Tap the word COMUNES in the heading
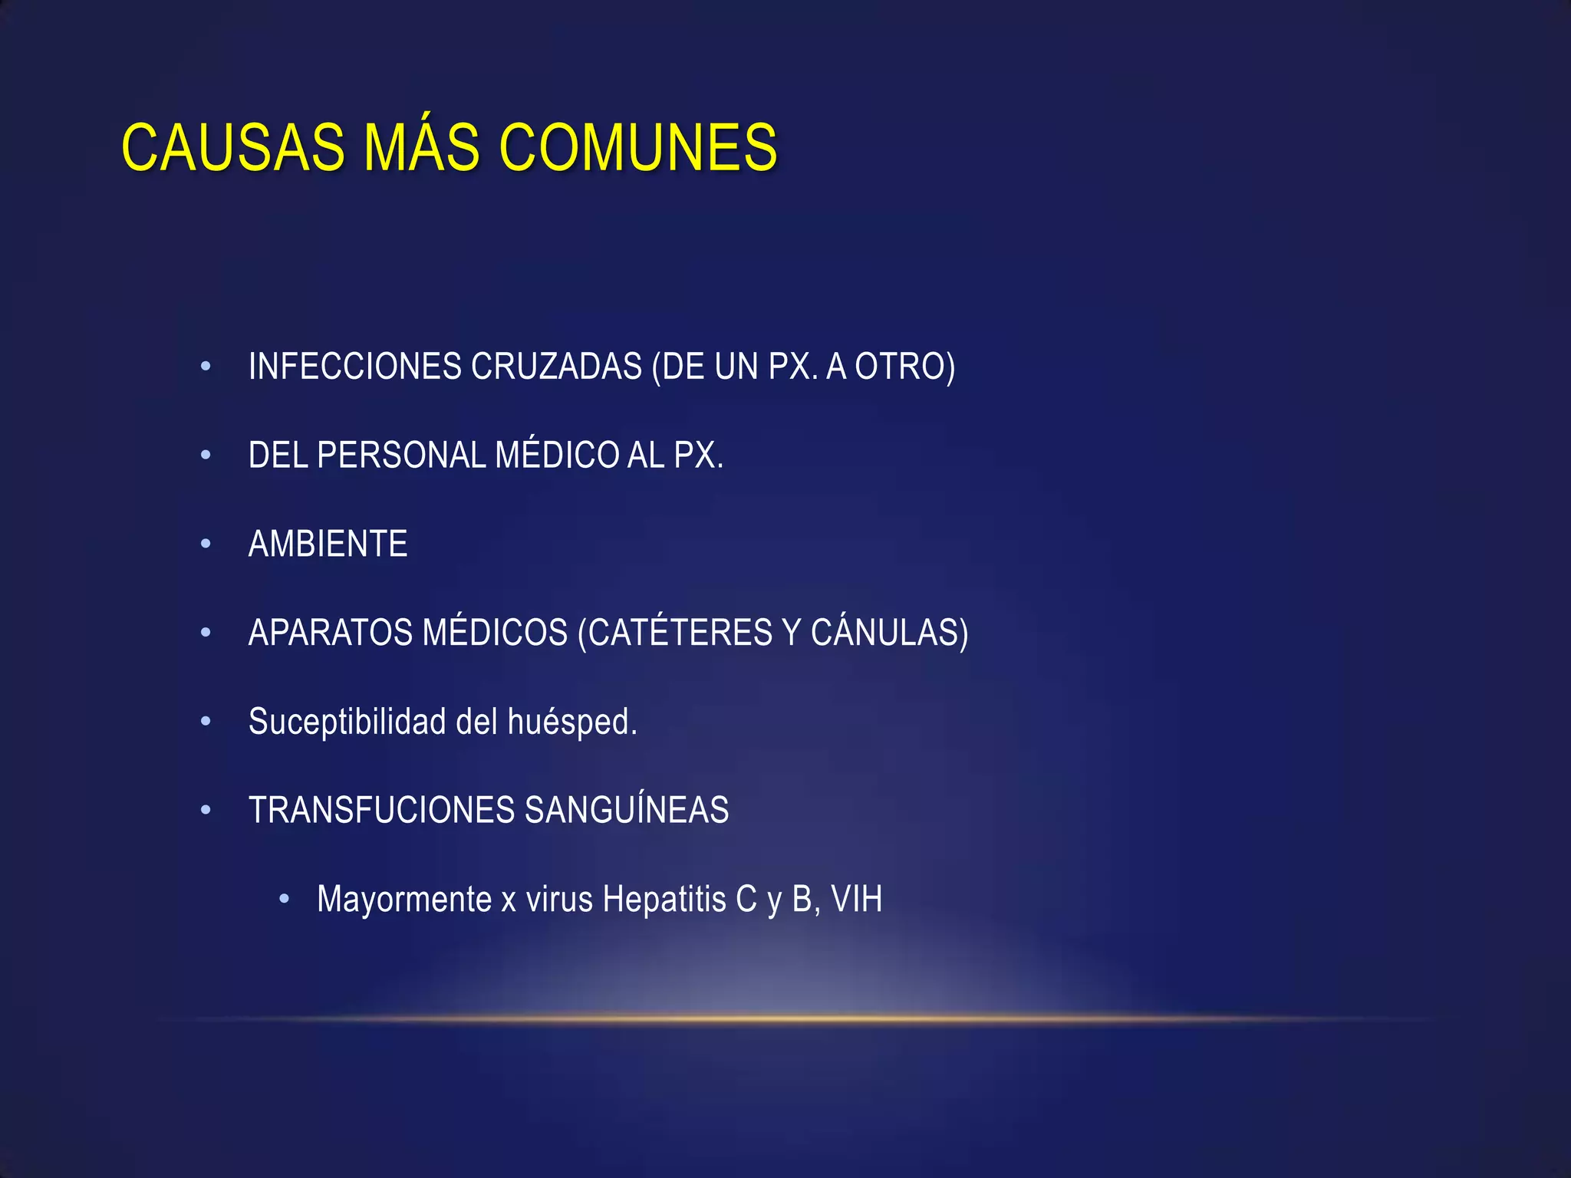[x=638, y=147]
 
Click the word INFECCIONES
[x=354, y=367]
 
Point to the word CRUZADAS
[x=556, y=367]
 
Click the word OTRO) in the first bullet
[x=905, y=367]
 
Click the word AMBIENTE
[x=328, y=545]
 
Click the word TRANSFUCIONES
[x=381, y=811]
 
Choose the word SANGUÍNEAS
[x=627, y=811]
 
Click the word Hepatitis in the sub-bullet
[x=664, y=900]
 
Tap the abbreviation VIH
[x=857, y=900]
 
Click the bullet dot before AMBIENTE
[x=206, y=545]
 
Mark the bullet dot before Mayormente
[x=285, y=898]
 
